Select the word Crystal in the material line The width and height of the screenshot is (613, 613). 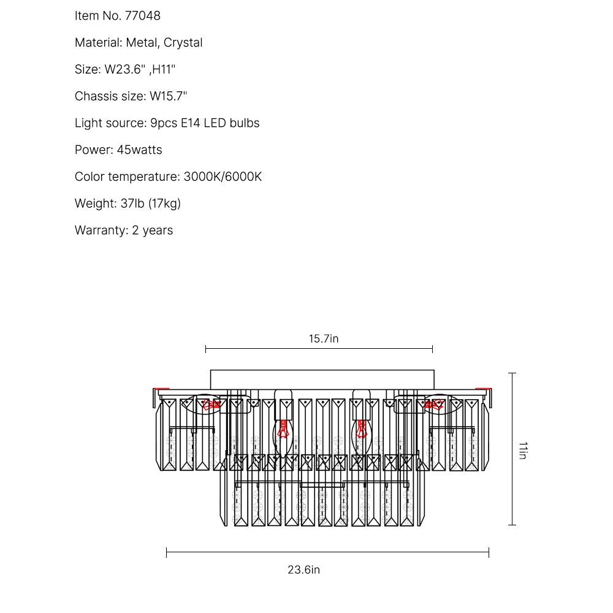click(183, 43)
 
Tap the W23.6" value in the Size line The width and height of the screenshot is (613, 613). click(125, 69)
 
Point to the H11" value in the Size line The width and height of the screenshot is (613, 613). click(164, 69)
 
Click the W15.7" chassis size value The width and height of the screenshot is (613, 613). click(169, 96)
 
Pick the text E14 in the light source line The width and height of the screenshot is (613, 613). click(188, 123)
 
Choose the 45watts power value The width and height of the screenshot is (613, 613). click(140, 150)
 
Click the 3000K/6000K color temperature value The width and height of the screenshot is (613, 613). click(223, 177)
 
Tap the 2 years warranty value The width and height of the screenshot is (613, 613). click(153, 230)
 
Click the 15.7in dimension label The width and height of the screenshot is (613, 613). click(323, 338)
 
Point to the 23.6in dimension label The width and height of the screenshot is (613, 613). click(304, 569)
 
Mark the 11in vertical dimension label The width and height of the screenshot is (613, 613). click(522, 450)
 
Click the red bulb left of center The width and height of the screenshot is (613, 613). click(283, 428)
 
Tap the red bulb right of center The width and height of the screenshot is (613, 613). click(362, 428)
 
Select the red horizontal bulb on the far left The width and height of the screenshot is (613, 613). click(211, 405)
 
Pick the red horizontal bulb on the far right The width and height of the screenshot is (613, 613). click(433, 405)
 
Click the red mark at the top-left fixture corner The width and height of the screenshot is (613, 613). click(161, 389)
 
